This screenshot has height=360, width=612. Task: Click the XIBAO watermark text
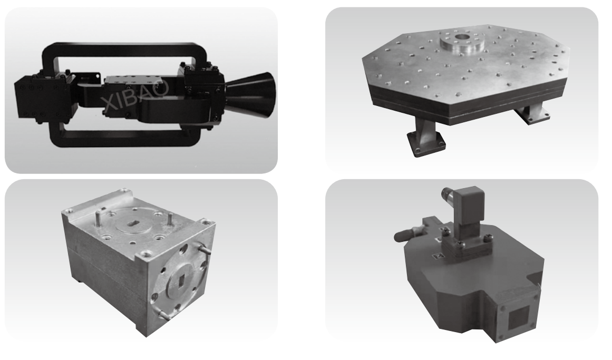134,94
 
